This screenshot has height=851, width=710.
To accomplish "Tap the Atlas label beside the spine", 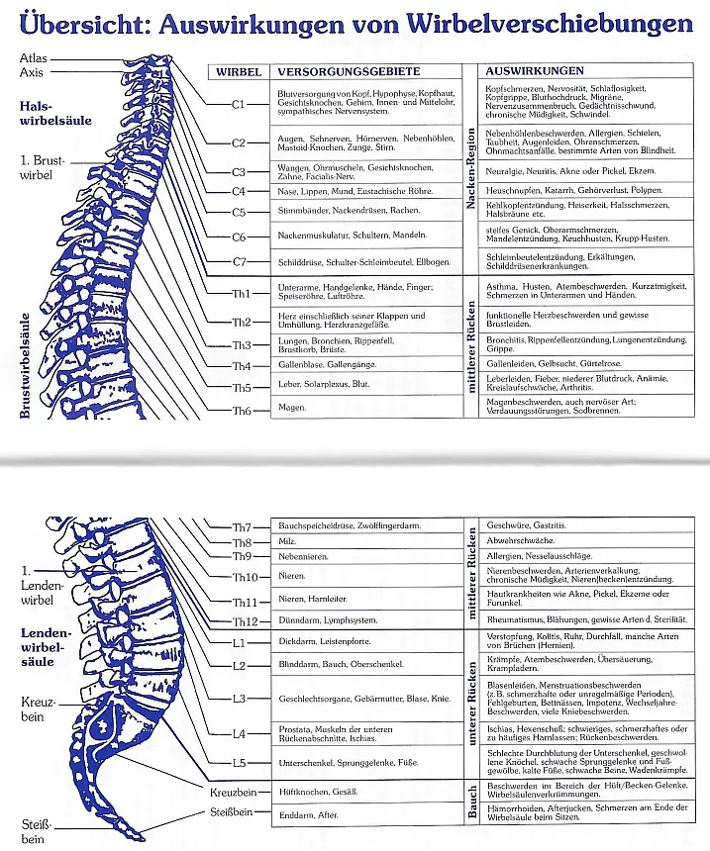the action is [x=33, y=58].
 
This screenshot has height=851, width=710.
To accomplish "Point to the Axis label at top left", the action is [x=31, y=72].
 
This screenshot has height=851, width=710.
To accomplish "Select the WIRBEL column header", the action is [x=239, y=72].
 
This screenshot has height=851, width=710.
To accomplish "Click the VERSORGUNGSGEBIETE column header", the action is [x=349, y=71].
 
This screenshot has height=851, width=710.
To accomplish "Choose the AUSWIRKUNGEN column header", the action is [x=535, y=71].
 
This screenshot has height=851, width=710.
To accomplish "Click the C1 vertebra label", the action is [x=239, y=104].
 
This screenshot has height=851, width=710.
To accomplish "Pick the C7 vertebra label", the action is [x=239, y=262].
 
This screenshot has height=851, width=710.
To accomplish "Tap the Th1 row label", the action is [x=242, y=294].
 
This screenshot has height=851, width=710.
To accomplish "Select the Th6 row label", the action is [x=242, y=411].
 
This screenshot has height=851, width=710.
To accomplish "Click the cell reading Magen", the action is [x=292, y=408].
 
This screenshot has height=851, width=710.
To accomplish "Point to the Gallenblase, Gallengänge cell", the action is [x=327, y=365].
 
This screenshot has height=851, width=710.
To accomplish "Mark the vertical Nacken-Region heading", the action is [x=471, y=168].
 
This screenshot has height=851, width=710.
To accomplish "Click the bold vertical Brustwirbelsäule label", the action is [x=25, y=365].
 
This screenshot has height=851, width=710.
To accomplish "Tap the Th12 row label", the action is [x=245, y=622].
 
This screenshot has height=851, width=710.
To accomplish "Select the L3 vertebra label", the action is [x=239, y=699].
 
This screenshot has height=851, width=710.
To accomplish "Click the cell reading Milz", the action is [x=287, y=541].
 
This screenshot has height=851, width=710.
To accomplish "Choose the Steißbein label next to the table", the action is [x=232, y=812].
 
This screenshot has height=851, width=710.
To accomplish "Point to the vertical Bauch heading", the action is [x=471, y=802].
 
